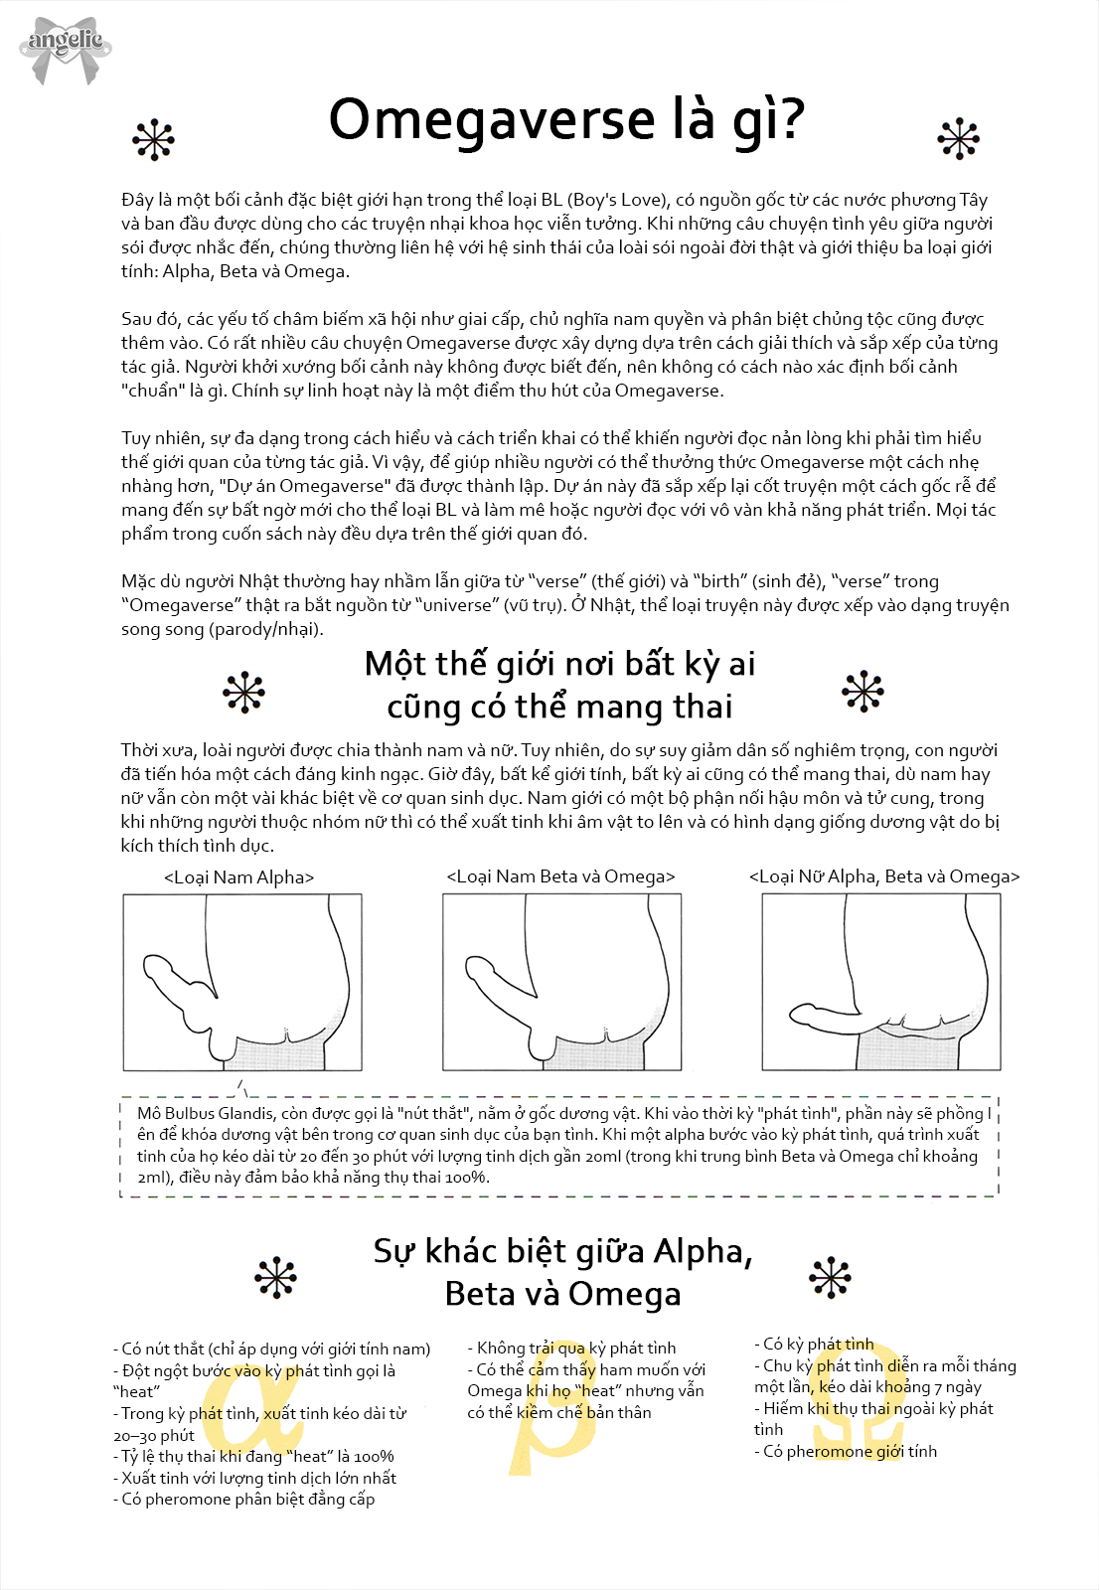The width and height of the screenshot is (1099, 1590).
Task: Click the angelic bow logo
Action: click(66, 47)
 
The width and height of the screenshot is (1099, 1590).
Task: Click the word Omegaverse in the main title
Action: click(492, 119)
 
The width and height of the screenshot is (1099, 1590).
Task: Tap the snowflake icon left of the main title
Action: click(154, 140)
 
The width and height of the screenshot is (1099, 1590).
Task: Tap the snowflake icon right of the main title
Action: click(959, 139)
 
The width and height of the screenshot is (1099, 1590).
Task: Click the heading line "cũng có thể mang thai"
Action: click(559, 707)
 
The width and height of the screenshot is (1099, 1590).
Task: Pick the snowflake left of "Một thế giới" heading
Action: click(243, 692)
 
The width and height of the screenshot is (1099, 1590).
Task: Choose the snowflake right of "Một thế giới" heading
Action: click(863, 691)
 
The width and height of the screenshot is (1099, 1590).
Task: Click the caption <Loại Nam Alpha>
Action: click(239, 877)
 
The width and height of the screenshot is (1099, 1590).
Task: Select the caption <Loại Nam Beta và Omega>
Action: click(560, 876)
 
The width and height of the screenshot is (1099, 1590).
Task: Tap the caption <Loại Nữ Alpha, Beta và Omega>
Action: click(884, 876)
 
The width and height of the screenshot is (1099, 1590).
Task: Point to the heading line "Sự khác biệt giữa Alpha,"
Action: click(562, 1251)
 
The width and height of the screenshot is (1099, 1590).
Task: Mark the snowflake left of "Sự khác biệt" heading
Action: click(275, 1278)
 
